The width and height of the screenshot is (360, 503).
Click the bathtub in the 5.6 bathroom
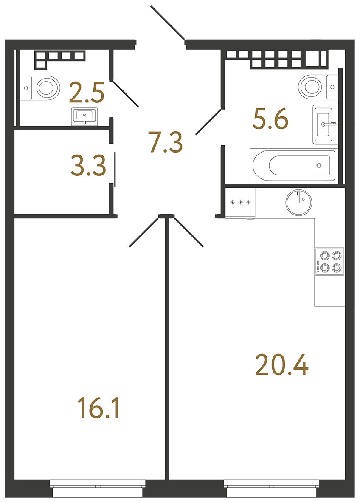(x=293, y=165)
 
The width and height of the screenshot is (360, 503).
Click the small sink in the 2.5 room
(x=85, y=116)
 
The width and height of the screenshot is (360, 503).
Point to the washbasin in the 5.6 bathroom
(x=326, y=124)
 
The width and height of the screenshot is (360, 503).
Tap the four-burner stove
(x=329, y=262)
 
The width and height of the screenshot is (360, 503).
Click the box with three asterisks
(x=240, y=203)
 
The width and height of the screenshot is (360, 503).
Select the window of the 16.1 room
(x=98, y=488)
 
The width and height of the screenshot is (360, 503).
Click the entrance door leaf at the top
(x=167, y=23)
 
